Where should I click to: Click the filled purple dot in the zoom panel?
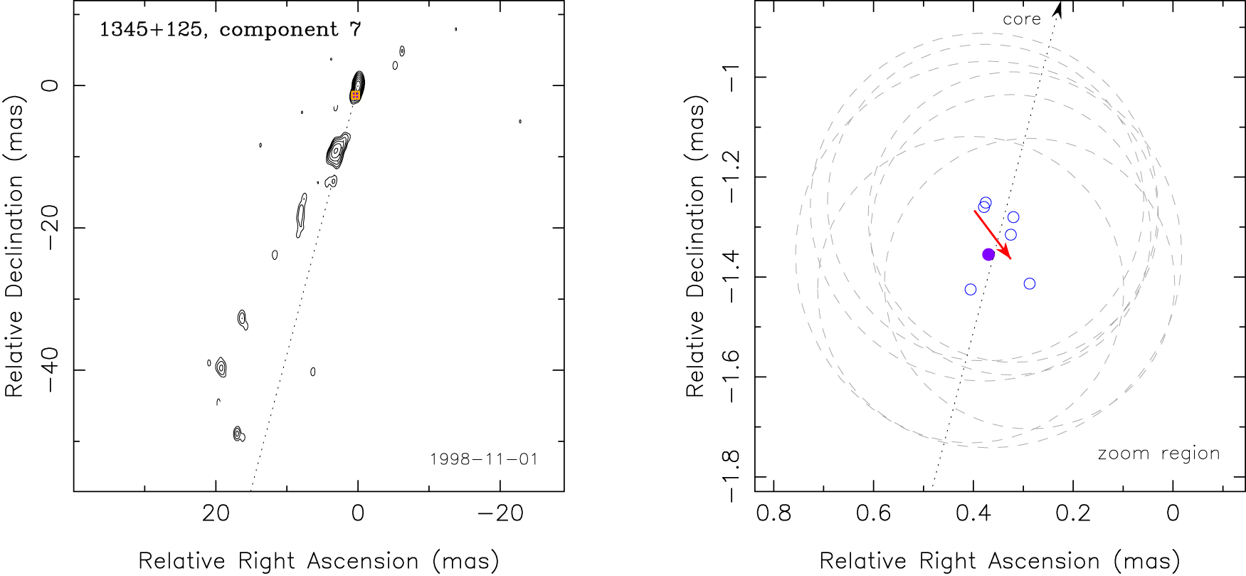click(x=988, y=254)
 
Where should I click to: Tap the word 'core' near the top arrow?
click(x=1021, y=20)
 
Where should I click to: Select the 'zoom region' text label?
click(x=1158, y=454)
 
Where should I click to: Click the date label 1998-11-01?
click(x=484, y=459)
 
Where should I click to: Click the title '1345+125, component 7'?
click(x=230, y=30)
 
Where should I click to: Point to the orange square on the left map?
click(x=355, y=95)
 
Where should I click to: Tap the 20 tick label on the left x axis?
click(x=216, y=513)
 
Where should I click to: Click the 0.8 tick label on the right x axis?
click(x=774, y=513)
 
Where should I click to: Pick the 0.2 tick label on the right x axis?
click(x=1072, y=513)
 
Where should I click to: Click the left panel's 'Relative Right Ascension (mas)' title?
click(x=318, y=561)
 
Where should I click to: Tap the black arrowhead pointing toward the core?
click(x=1057, y=9)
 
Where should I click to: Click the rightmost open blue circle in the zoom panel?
click(x=1030, y=283)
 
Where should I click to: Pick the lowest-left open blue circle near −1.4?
click(x=971, y=289)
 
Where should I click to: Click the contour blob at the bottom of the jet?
click(x=238, y=434)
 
